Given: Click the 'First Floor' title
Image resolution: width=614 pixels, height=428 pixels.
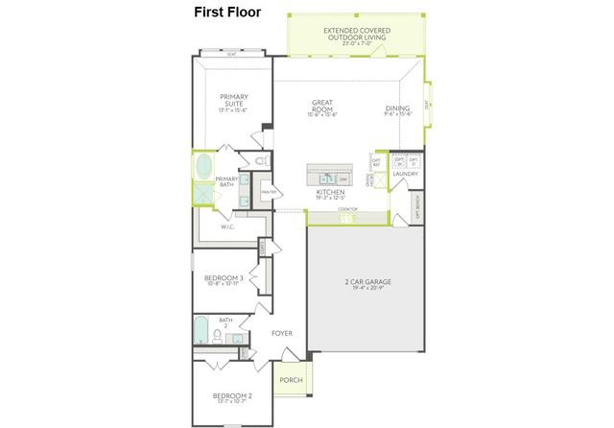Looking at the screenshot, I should coord(226,12).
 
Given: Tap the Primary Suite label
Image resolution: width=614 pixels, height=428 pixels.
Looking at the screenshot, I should coord(233,99).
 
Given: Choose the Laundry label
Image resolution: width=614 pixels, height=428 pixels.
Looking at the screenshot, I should coord(405,174).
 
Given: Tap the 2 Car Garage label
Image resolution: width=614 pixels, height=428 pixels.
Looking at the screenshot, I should coord(368,282).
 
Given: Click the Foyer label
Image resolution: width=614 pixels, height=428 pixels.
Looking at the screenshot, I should coord(281,334).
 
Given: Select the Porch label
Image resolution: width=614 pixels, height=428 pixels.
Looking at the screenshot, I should coord(291,380).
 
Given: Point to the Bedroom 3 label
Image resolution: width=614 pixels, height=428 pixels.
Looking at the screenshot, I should coord(223,277).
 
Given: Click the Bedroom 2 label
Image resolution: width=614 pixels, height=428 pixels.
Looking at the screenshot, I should coord(233,395).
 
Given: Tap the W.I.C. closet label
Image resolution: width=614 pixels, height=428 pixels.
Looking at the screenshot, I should coord(228,227).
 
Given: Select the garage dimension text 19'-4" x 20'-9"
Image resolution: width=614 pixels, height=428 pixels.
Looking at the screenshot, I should coord(368,289).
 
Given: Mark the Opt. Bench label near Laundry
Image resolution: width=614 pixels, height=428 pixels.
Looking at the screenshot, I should coord(417,207).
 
